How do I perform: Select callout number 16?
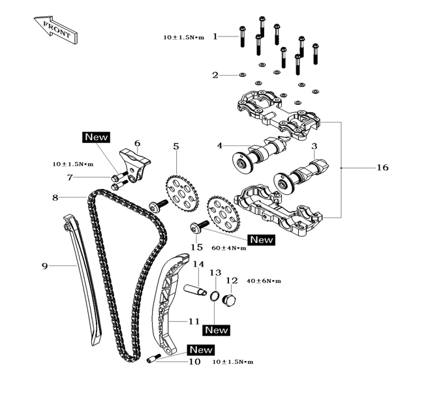[382, 168]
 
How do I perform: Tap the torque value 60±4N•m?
[230, 248]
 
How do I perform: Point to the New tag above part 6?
[96, 137]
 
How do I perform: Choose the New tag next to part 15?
[261, 239]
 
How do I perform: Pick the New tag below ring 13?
[216, 330]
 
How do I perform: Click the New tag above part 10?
[201, 349]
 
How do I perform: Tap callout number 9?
[44, 265]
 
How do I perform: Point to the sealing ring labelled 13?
[213, 297]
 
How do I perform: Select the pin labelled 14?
[194, 288]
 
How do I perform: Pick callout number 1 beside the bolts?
[215, 37]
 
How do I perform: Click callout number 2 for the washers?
[215, 75]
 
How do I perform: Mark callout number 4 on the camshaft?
[220, 145]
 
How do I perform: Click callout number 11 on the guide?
[194, 321]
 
